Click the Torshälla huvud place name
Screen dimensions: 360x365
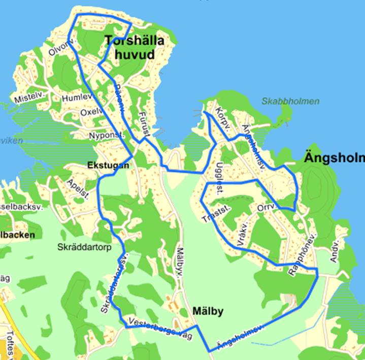tap(134, 47)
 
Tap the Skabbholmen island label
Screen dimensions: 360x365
tap(290, 101)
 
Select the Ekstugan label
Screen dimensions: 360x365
tap(108, 165)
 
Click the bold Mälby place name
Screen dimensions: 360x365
tap(209, 310)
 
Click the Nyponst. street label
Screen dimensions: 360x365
tap(105, 136)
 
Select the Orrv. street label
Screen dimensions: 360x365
tap(266, 207)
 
